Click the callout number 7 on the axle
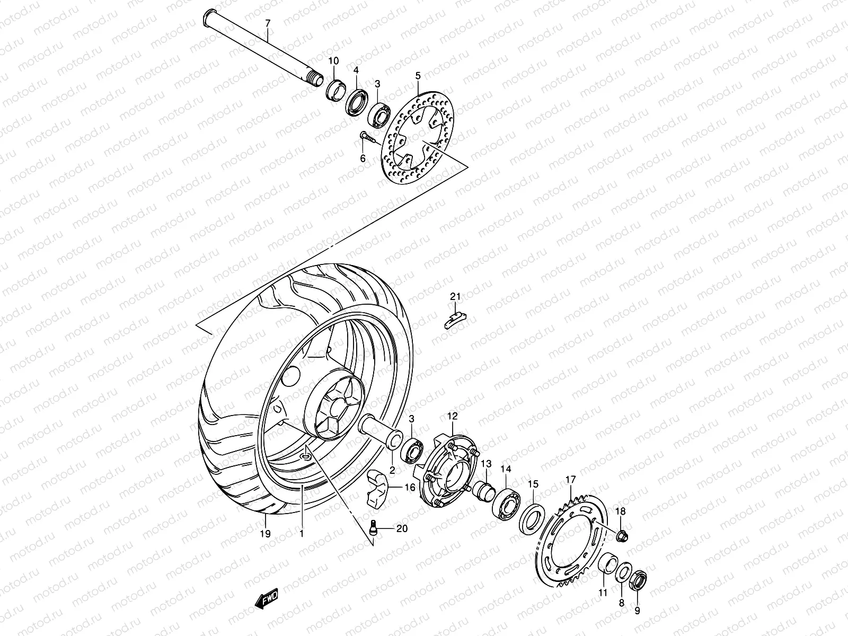[x=268, y=23]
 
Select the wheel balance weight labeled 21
[x=454, y=319]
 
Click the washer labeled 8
[x=623, y=573]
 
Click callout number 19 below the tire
[x=266, y=534]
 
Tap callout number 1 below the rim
[x=302, y=534]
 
